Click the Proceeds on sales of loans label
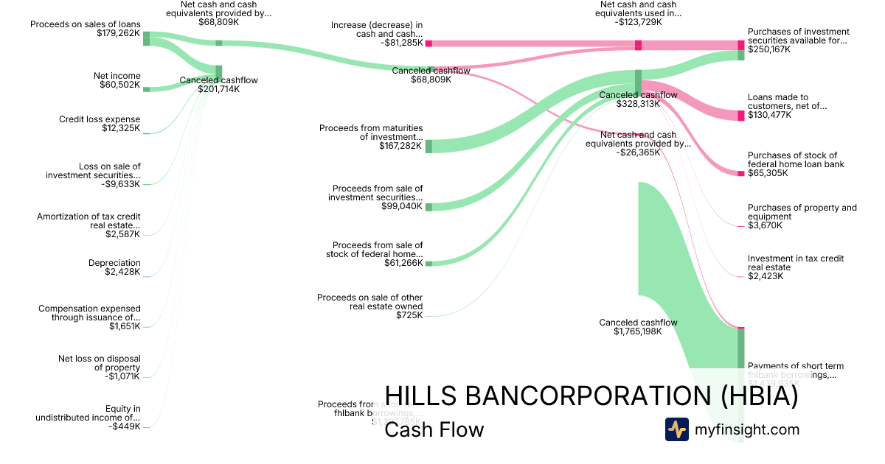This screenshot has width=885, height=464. [x=85, y=24]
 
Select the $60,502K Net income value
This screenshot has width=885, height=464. [x=119, y=85]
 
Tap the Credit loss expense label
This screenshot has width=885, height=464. [x=100, y=119]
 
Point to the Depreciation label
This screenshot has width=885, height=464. [x=114, y=263]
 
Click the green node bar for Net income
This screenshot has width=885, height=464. [x=146, y=89]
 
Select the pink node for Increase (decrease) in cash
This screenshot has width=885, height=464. [x=428, y=43]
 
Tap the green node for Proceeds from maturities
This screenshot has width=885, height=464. [x=428, y=146]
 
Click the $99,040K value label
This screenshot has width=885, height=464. [x=402, y=206]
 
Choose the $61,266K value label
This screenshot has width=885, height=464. [x=403, y=263]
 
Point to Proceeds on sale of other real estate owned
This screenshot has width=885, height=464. [x=369, y=302]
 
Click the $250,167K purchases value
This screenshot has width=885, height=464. [x=768, y=49]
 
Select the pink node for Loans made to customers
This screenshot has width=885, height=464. [x=741, y=116]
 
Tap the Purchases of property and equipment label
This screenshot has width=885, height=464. [x=802, y=212]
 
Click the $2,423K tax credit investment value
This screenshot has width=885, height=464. [x=766, y=276]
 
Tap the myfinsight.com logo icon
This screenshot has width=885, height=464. [x=676, y=429]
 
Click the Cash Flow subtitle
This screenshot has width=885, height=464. [x=434, y=429]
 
